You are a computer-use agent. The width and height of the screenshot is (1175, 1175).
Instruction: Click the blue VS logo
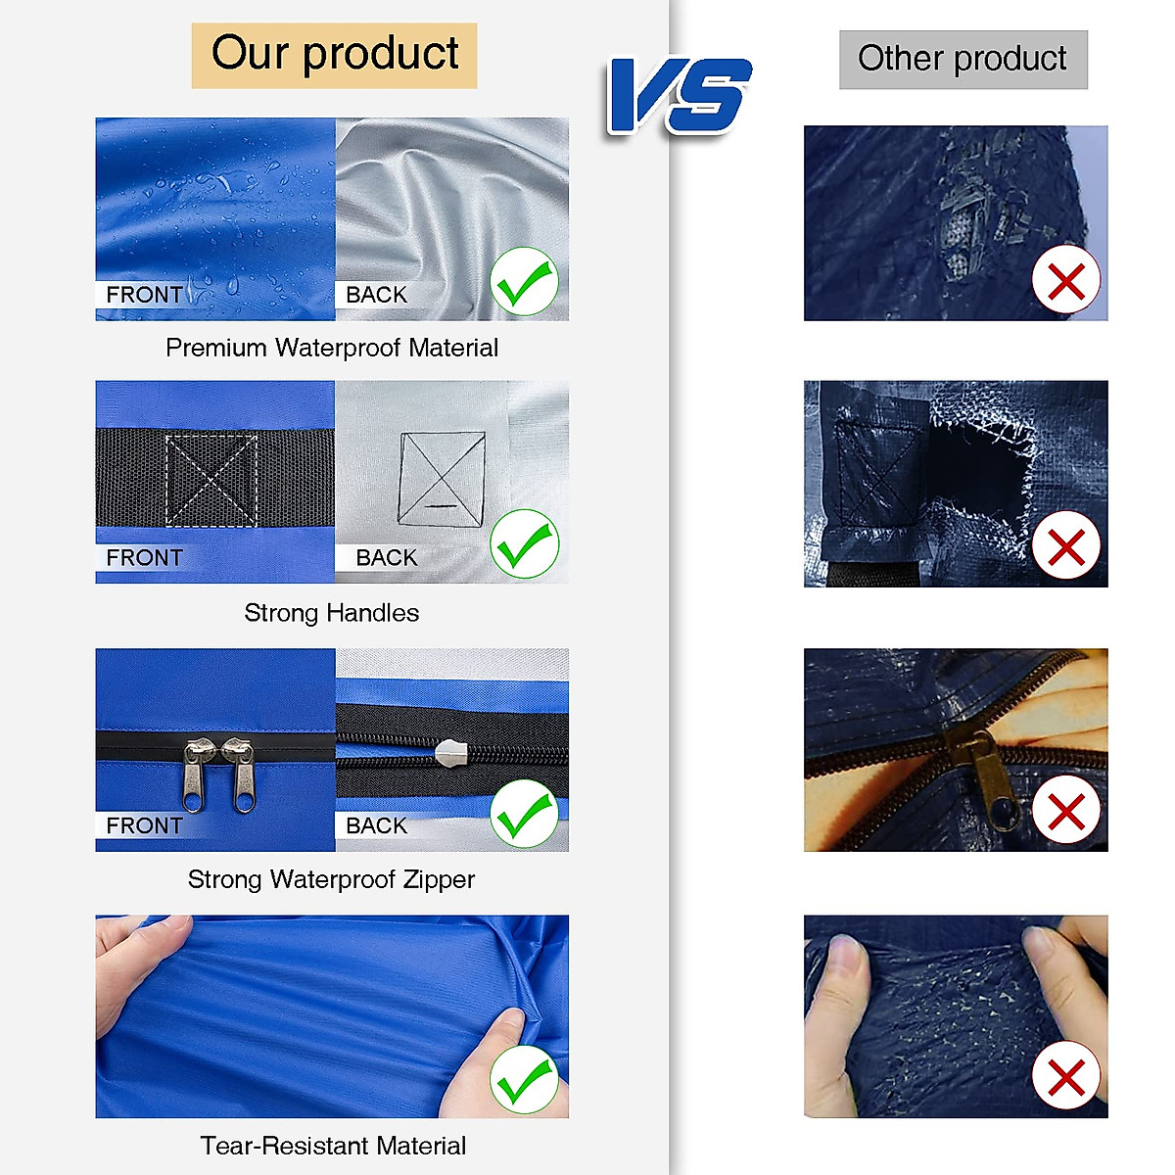(679, 95)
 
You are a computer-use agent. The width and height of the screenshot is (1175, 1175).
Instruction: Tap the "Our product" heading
(335, 55)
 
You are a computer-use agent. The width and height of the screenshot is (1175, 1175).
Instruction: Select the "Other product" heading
(963, 60)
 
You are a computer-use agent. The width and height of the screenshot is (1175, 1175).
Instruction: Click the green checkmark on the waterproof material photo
(524, 282)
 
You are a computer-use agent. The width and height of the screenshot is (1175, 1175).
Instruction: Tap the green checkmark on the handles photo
(524, 544)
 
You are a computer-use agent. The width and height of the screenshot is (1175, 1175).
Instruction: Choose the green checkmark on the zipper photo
(524, 814)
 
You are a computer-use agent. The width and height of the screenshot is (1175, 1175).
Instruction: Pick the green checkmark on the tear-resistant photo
(524, 1079)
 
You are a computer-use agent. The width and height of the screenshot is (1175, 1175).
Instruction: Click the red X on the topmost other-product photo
(1066, 281)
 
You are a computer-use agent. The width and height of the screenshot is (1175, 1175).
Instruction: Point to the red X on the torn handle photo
(1066, 545)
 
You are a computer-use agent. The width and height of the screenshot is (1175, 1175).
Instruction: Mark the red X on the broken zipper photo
(1066, 812)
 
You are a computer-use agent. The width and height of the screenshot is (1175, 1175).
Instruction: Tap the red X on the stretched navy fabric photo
(1066, 1077)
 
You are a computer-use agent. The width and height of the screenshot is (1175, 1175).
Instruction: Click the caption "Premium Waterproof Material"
(332, 349)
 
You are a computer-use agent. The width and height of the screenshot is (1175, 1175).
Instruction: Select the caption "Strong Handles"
(332, 614)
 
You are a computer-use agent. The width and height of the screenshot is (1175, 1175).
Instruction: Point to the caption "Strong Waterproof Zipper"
(332, 880)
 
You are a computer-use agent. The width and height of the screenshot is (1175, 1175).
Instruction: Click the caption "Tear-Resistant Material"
(333, 1147)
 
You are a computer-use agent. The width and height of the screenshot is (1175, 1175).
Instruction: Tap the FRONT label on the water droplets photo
(144, 295)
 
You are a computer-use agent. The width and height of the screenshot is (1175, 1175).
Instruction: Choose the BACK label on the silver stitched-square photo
(386, 558)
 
